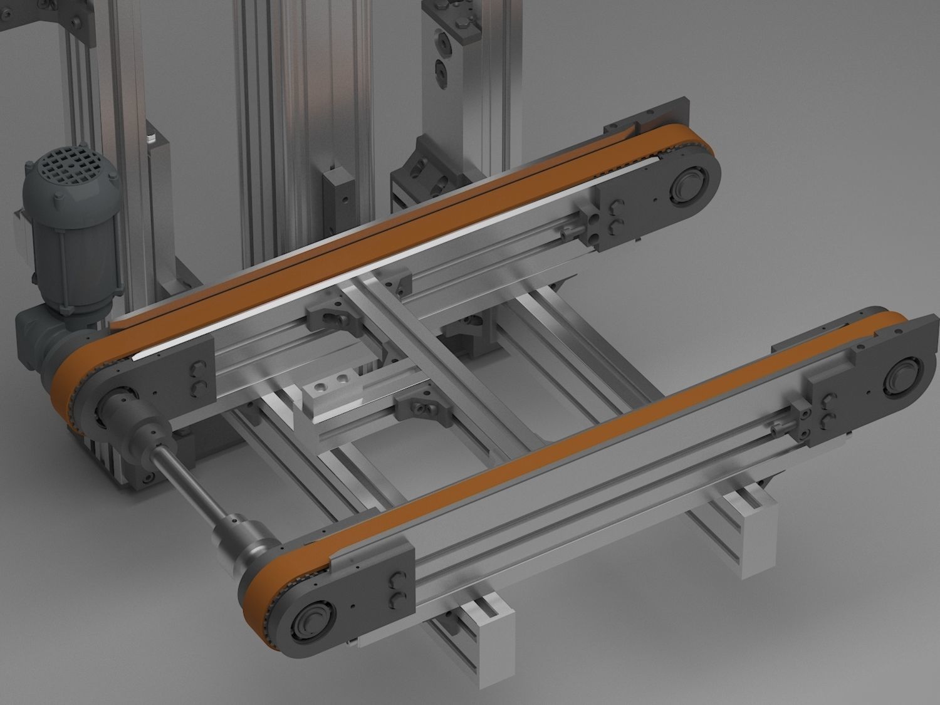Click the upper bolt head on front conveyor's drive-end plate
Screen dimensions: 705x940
point(396,580)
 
